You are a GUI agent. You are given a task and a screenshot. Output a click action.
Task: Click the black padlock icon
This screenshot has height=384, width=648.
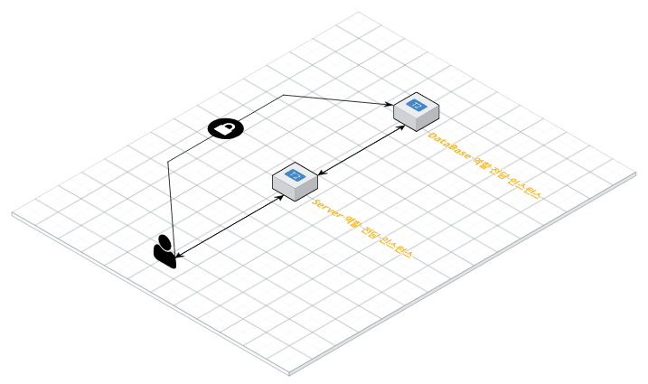(225, 129)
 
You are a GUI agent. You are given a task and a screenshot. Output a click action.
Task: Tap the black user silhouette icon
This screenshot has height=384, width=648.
(164, 252)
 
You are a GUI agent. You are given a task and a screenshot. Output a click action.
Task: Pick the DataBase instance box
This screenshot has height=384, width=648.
(417, 110)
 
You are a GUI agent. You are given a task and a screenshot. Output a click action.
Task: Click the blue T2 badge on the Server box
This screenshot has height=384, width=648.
(295, 173)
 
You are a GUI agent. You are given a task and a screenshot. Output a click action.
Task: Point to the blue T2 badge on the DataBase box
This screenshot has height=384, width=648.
(417, 105)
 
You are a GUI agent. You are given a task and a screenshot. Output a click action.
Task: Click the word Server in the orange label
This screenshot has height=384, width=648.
(326, 211)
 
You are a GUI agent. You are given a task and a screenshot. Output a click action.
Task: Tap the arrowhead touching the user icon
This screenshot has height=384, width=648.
(179, 256)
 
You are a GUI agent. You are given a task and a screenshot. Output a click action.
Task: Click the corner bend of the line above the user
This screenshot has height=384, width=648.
(168, 163)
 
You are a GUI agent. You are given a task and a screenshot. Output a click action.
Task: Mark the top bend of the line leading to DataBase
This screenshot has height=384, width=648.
(283, 95)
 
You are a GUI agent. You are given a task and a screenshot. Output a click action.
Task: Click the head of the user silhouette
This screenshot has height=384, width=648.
(163, 241)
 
